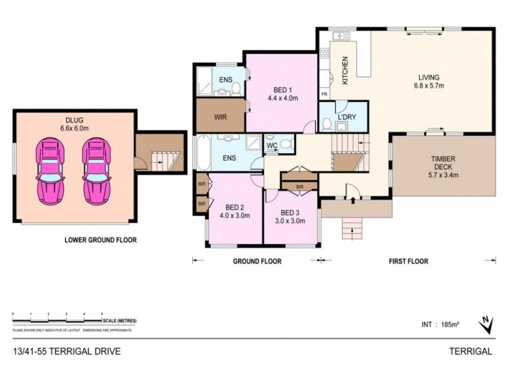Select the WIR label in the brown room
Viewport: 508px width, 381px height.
point(221,117)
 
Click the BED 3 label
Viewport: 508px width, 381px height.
point(290,213)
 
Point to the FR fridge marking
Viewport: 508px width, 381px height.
point(324,95)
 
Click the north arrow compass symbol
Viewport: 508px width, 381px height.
point(486,324)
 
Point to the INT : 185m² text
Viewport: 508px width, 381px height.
point(440,324)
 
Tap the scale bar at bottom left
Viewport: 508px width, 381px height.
point(57,320)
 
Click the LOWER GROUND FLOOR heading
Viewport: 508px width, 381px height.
point(100,240)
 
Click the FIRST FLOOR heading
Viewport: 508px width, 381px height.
point(408,261)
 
